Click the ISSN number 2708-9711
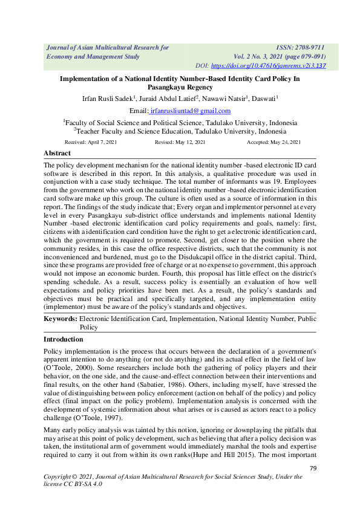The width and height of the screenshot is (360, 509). click(x=309, y=47)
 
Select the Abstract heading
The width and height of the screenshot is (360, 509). click(x=57, y=154)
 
